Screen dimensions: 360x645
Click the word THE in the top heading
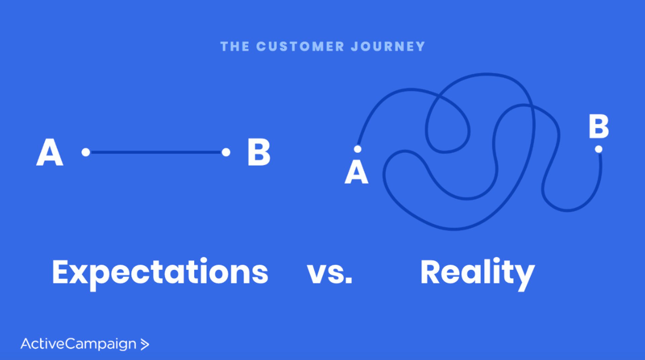[x=234, y=46]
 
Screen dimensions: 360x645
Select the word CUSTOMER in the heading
[x=300, y=46]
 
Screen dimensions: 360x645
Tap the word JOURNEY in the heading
[x=388, y=46]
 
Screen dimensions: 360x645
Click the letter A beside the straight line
[x=50, y=152]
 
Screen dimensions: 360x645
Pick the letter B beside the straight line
[x=259, y=152]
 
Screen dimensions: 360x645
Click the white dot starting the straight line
[x=86, y=152]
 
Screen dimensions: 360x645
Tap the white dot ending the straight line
[x=226, y=152]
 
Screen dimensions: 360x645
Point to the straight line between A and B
[x=156, y=152]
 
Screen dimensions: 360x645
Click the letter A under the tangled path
[x=356, y=172]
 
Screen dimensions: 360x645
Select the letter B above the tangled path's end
[x=599, y=127]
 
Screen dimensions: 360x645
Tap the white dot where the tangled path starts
[x=358, y=149]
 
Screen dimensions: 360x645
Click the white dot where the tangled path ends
[x=599, y=149]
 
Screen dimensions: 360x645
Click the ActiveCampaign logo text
[x=78, y=344]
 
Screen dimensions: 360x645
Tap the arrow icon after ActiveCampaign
[x=144, y=344]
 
